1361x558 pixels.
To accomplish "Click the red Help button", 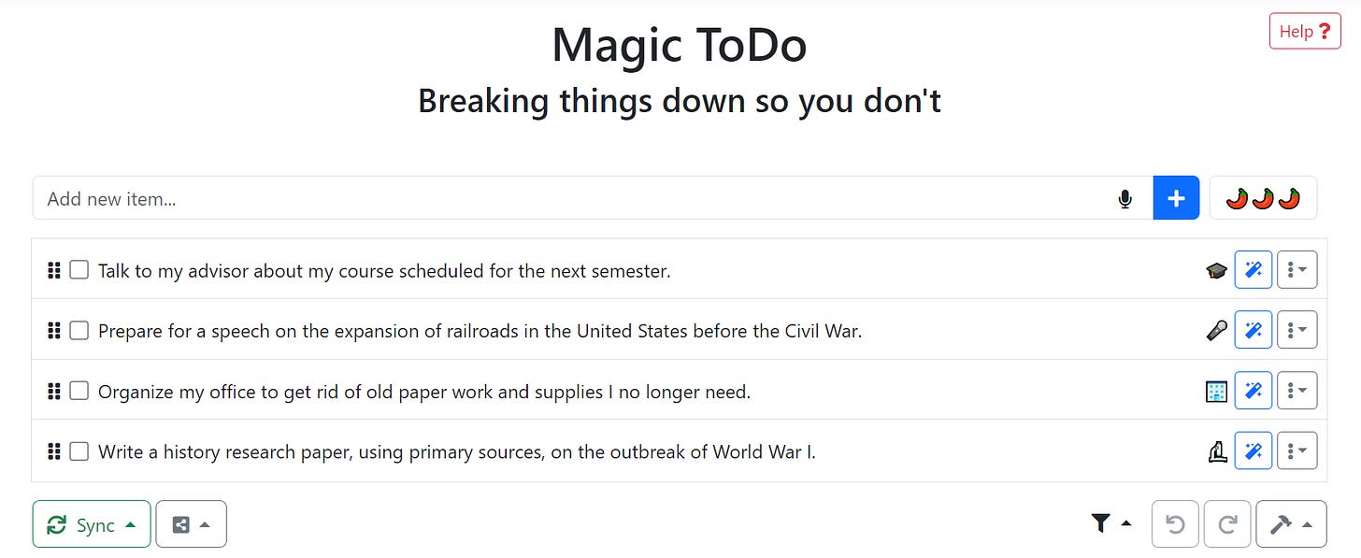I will (1305, 32).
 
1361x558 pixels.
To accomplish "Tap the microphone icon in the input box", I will (1125, 199).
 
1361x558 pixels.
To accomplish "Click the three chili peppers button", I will (1263, 198).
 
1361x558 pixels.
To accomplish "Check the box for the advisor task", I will (79, 270).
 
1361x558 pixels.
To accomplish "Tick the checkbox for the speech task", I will (79, 330).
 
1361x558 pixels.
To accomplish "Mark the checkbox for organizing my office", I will (79, 391).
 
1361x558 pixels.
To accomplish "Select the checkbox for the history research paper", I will (79, 451).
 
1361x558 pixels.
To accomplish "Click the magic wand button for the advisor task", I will (1253, 270).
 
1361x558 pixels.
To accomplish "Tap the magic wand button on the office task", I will (1253, 391).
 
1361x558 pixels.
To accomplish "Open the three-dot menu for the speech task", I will (1297, 330).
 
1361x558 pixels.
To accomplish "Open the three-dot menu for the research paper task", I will (1297, 451).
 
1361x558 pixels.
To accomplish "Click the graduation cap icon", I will (1216, 271).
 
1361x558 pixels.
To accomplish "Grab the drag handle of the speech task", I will (54, 330).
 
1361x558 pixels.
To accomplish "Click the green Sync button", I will (91, 524).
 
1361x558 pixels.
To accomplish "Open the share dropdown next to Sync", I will (191, 524).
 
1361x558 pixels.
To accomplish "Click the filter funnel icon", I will (1101, 524).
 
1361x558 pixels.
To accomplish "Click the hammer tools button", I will (1291, 524).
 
